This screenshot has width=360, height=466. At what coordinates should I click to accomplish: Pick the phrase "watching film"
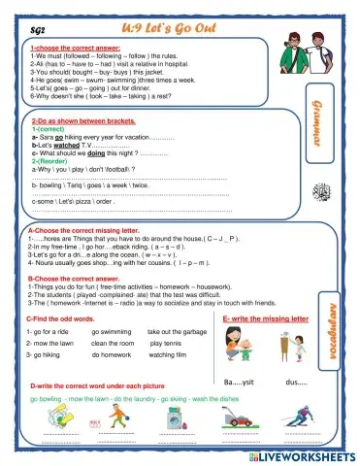tap(174, 355)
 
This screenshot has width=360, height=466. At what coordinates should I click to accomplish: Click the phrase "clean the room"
tap(113, 344)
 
